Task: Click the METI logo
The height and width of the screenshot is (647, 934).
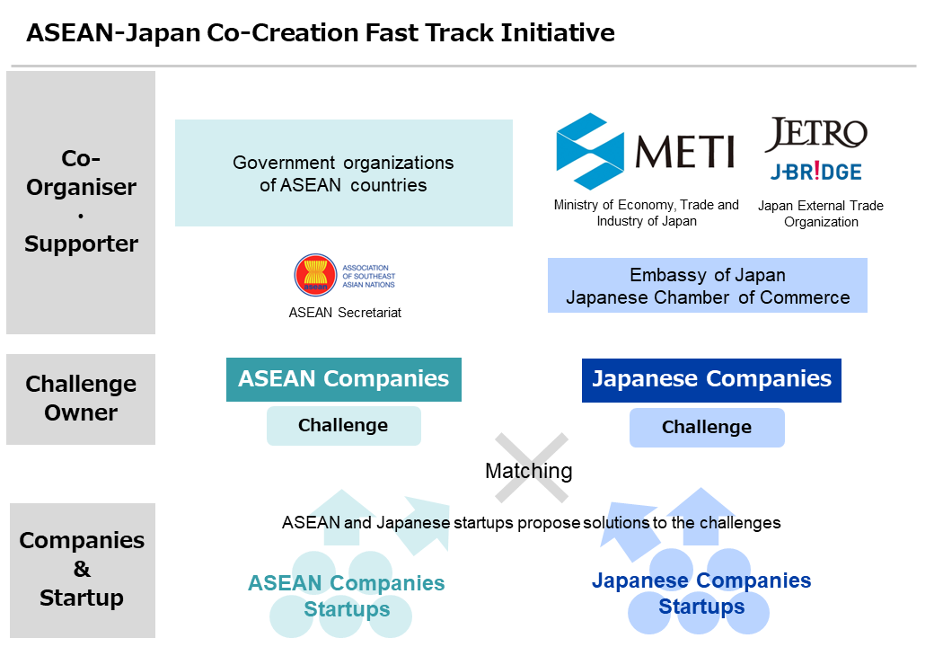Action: coord(645,151)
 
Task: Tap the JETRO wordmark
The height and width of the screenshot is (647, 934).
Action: coord(815,135)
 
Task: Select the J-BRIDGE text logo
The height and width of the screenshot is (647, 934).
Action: coord(815,172)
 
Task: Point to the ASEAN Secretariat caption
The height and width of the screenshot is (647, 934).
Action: coord(345,313)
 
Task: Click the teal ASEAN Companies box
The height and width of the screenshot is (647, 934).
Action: coord(344,379)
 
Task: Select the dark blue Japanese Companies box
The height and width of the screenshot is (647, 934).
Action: coord(711,379)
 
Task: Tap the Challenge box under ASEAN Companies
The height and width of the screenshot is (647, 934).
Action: coord(343,426)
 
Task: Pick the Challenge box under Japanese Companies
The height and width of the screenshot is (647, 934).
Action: coord(707,428)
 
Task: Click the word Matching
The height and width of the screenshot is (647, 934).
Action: coord(528,471)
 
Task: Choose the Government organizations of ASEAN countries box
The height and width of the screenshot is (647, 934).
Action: coord(343,173)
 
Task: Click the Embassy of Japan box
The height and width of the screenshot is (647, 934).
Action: coord(708,286)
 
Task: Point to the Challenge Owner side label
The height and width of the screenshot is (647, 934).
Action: coord(81,399)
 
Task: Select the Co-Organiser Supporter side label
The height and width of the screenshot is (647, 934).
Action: coord(81,202)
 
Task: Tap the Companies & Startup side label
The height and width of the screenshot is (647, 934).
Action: coord(81,569)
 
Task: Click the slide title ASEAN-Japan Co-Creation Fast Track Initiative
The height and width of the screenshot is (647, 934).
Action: coord(321,33)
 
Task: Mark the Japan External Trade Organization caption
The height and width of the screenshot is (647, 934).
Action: coord(821,214)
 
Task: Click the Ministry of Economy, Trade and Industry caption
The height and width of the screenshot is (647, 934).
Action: coord(647,213)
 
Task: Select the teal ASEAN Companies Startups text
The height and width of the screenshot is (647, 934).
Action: coord(347,596)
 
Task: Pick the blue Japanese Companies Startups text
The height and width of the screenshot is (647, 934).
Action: coord(701,593)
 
